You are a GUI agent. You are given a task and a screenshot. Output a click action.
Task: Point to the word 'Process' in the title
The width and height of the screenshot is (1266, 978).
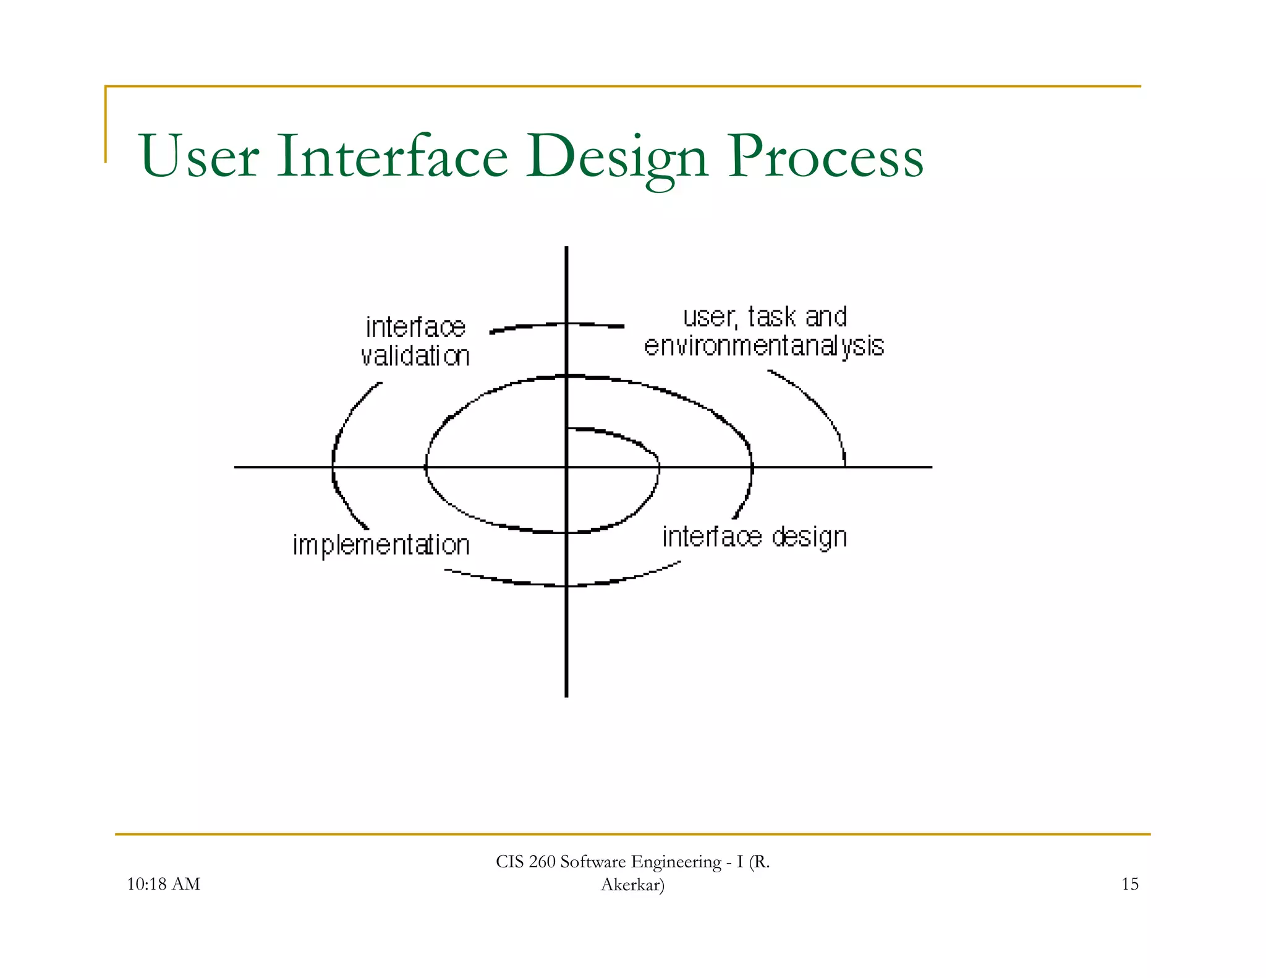coord(825,156)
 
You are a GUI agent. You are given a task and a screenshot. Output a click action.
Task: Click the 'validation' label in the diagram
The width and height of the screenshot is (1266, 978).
coord(415,357)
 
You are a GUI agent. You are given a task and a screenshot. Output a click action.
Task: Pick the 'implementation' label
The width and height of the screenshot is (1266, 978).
coord(381,545)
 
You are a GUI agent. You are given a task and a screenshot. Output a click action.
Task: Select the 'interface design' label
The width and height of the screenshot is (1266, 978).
coord(754,537)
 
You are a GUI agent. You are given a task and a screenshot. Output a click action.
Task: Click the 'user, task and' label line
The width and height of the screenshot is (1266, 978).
coord(765,317)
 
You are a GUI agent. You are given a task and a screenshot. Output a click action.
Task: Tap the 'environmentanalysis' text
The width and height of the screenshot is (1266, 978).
coord(764,346)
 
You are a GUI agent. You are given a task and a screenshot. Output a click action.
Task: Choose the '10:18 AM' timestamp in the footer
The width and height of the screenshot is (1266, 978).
coord(163,884)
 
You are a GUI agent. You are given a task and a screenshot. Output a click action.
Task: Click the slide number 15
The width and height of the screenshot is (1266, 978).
coord(1129,884)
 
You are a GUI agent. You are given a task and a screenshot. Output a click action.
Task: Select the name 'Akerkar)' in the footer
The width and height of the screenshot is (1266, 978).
coord(632,885)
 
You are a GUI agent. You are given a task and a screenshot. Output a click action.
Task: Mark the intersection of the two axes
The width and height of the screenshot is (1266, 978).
coord(566,467)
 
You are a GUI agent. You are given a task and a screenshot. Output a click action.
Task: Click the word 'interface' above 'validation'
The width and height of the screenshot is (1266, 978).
coord(415,328)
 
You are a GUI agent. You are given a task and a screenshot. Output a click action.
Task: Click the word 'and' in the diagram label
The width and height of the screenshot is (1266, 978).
coord(826,317)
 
